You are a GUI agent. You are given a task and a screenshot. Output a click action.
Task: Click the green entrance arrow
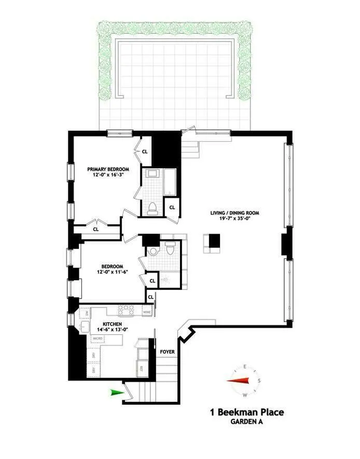coord(118,393)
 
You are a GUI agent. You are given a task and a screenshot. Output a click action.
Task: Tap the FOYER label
coord(167,352)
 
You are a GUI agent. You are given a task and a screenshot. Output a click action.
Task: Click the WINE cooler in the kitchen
coord(147,312)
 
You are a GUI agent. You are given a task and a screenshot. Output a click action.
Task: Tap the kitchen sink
coord(86,327)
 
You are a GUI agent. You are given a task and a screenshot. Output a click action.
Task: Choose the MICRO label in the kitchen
coord(97,339)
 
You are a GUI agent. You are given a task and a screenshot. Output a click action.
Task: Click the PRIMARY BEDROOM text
coord(108,169)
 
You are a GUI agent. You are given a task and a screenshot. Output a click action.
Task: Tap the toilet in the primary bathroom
coord(153,208)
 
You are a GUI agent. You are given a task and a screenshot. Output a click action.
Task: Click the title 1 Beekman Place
coord(246,413)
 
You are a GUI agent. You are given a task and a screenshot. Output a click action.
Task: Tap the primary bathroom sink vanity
coord(153,174)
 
